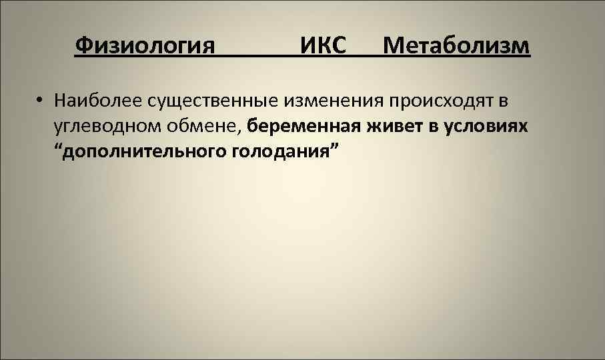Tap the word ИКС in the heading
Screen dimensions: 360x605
point(323,47)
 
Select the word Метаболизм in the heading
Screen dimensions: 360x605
point(457,47)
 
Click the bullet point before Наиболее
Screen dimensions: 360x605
point(41,102)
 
